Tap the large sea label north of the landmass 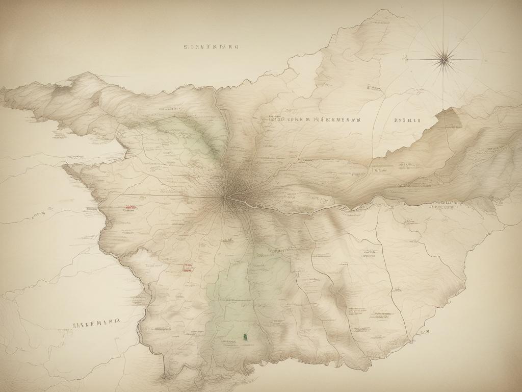click(211, 46)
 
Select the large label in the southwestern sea click(96, 323)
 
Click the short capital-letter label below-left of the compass click(407, 121)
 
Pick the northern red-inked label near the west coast click(130, 208)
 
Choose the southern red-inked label click(188, 267)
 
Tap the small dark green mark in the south click(245, 336)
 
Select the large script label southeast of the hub click(275, 251)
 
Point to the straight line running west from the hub click(168, 196)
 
